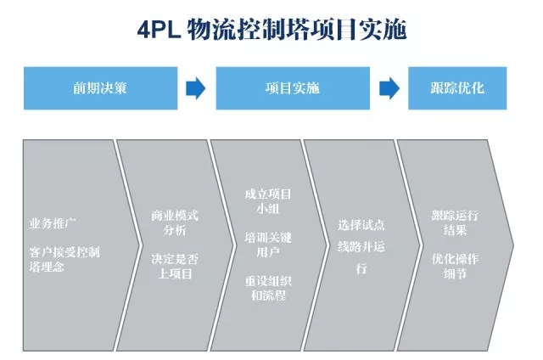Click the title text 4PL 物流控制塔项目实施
click(271, 31)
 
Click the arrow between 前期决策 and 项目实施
click(195, 88)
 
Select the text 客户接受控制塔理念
click(64, 259)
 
